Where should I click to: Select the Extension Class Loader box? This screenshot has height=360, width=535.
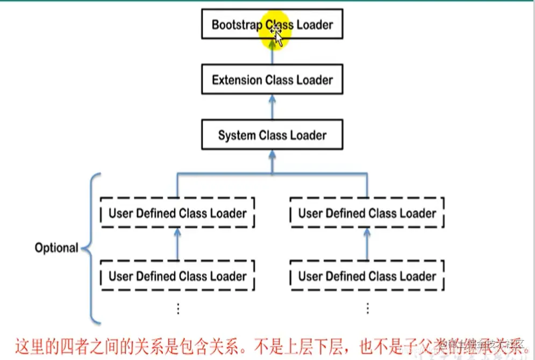click(x=272, y=80)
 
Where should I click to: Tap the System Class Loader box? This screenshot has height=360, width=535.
click(x=272, y=135)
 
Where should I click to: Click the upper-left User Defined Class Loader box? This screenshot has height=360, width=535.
click(x=177, y=213)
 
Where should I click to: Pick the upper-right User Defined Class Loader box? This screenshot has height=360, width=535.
click(x=367, y=213)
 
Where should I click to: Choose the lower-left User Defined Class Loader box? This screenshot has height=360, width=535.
click(x=177, y=276)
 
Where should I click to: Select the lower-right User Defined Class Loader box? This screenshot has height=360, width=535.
click(x=367, y=276)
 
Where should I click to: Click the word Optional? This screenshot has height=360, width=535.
click(x=56, y=248)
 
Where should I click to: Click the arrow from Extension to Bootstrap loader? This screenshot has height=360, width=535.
click(x=272, y=53)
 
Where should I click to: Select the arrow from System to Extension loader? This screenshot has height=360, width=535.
click(x=272, y=107)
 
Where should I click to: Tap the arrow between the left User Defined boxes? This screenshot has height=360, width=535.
click(x=177, y=244)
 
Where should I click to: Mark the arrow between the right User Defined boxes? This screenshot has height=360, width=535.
click(x=367, y=244)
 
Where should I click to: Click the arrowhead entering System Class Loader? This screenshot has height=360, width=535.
click(x=272, y=154)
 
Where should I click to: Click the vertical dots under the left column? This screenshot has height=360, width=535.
click(x=178, y=308)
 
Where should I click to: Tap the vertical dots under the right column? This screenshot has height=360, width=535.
click(x=367, y=308)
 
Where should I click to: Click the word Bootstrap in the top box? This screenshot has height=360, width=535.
click(x=237, y=25)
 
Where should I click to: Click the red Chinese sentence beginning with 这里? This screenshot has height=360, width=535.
click(x=269, y=343)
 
